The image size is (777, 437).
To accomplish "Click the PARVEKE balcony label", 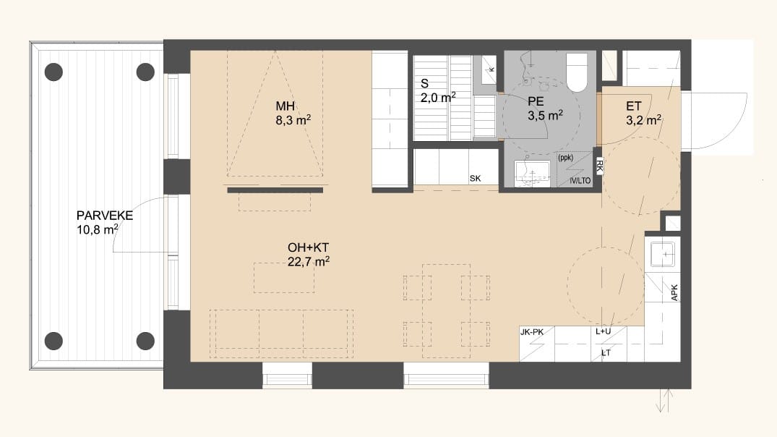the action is [105, 216].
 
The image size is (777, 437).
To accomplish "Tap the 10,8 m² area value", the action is [97, 229].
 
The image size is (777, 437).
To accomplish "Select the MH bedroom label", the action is [286, 106].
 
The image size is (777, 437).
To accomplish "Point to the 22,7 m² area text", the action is [309, 261].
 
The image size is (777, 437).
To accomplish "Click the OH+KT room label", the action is [308, 247].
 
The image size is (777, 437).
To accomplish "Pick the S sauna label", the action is [424, 84].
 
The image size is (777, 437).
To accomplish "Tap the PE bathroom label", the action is [536, 102].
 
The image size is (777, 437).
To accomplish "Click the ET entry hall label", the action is [634, 106].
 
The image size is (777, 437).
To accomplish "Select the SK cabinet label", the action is [475, 179].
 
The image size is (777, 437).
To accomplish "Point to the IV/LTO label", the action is [580, 181].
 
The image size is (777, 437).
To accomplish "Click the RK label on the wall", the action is [599, 166].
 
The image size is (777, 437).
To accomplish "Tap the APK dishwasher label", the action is [674, 292].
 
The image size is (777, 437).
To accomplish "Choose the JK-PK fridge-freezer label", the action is [532, 332].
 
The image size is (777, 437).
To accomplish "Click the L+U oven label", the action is [603, 331].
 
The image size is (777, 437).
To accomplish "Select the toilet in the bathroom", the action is [576, 72].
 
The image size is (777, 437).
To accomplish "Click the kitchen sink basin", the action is [663, 253].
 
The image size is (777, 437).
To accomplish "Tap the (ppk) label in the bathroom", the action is [565, 158].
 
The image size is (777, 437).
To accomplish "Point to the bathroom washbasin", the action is [532, 173].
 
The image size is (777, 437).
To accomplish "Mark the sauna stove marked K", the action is [489, 70].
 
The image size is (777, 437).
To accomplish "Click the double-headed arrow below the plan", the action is [664, 400].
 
